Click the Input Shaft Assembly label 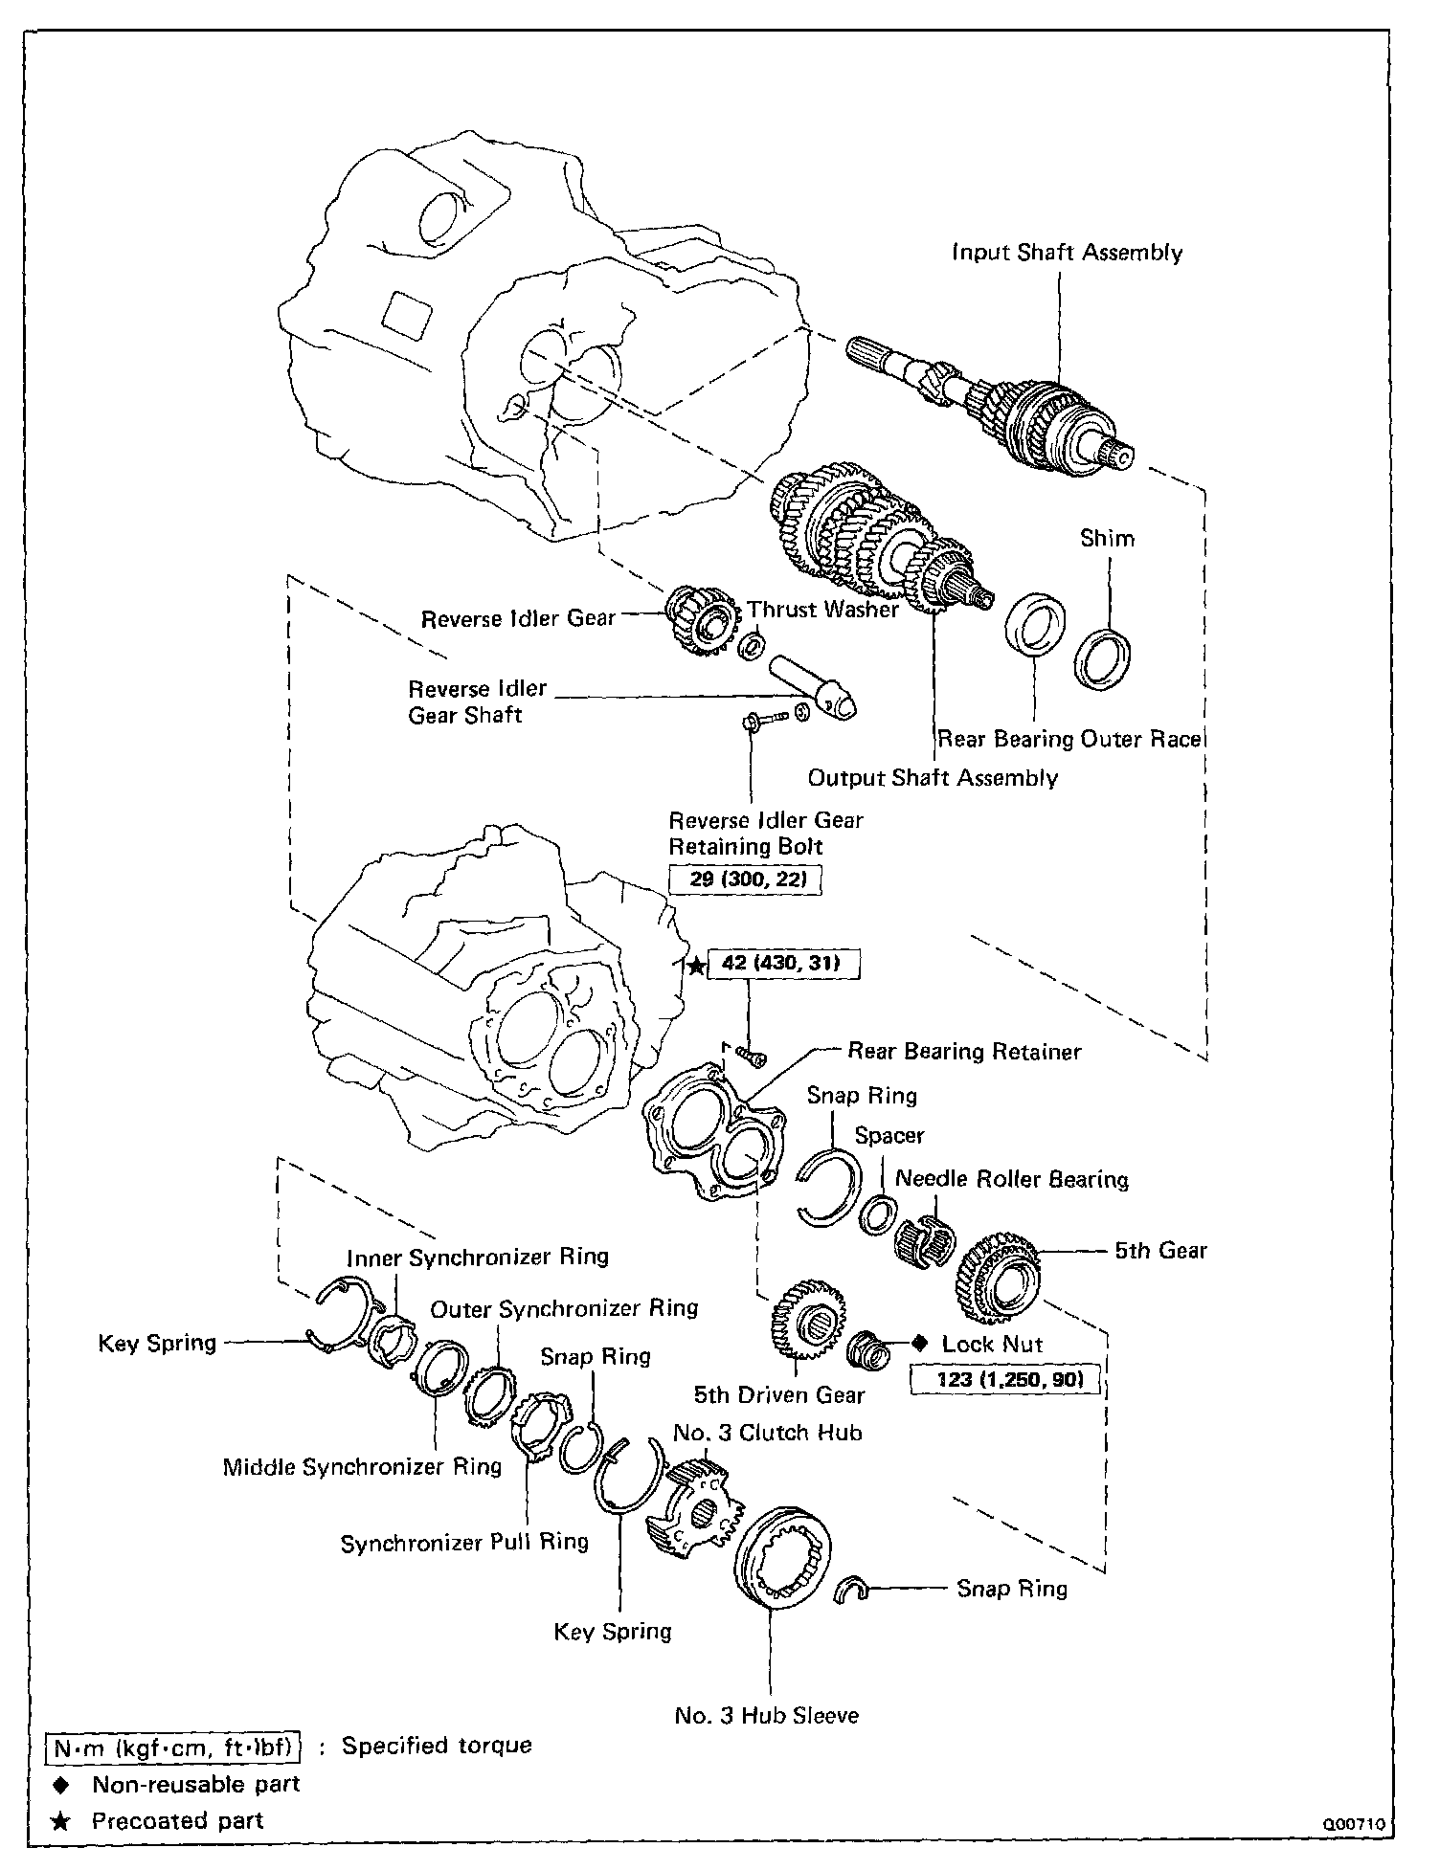(1067, 253)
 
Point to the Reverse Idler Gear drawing (699, 620)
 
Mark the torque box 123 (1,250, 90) (1004, 1380)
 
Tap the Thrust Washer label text (822, 610)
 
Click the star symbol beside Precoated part (60, 1821)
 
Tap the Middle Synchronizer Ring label (362, 1467)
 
